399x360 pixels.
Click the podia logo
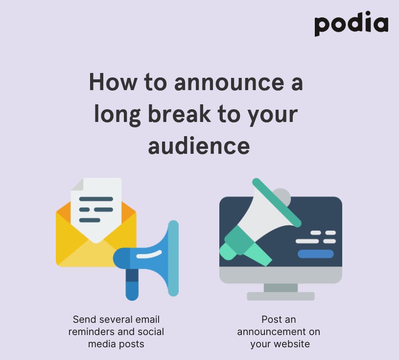pos(352,24)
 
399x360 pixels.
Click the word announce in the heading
pos(229,82)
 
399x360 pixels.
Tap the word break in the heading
pos(179,114)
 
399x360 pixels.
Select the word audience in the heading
pos(199,145)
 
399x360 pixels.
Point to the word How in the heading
pos(113,82)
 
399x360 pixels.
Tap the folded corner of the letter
pos(77,184)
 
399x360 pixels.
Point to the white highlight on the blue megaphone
pos(149,254)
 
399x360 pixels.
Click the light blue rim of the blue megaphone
pos(173,258)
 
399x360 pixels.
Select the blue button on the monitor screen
pos(316,254)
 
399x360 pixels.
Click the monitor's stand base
pos(281,296)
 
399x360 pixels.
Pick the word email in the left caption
pos(147,319)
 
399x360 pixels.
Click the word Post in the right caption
pos(271,319)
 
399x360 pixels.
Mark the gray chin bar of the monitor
pos(281,275)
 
